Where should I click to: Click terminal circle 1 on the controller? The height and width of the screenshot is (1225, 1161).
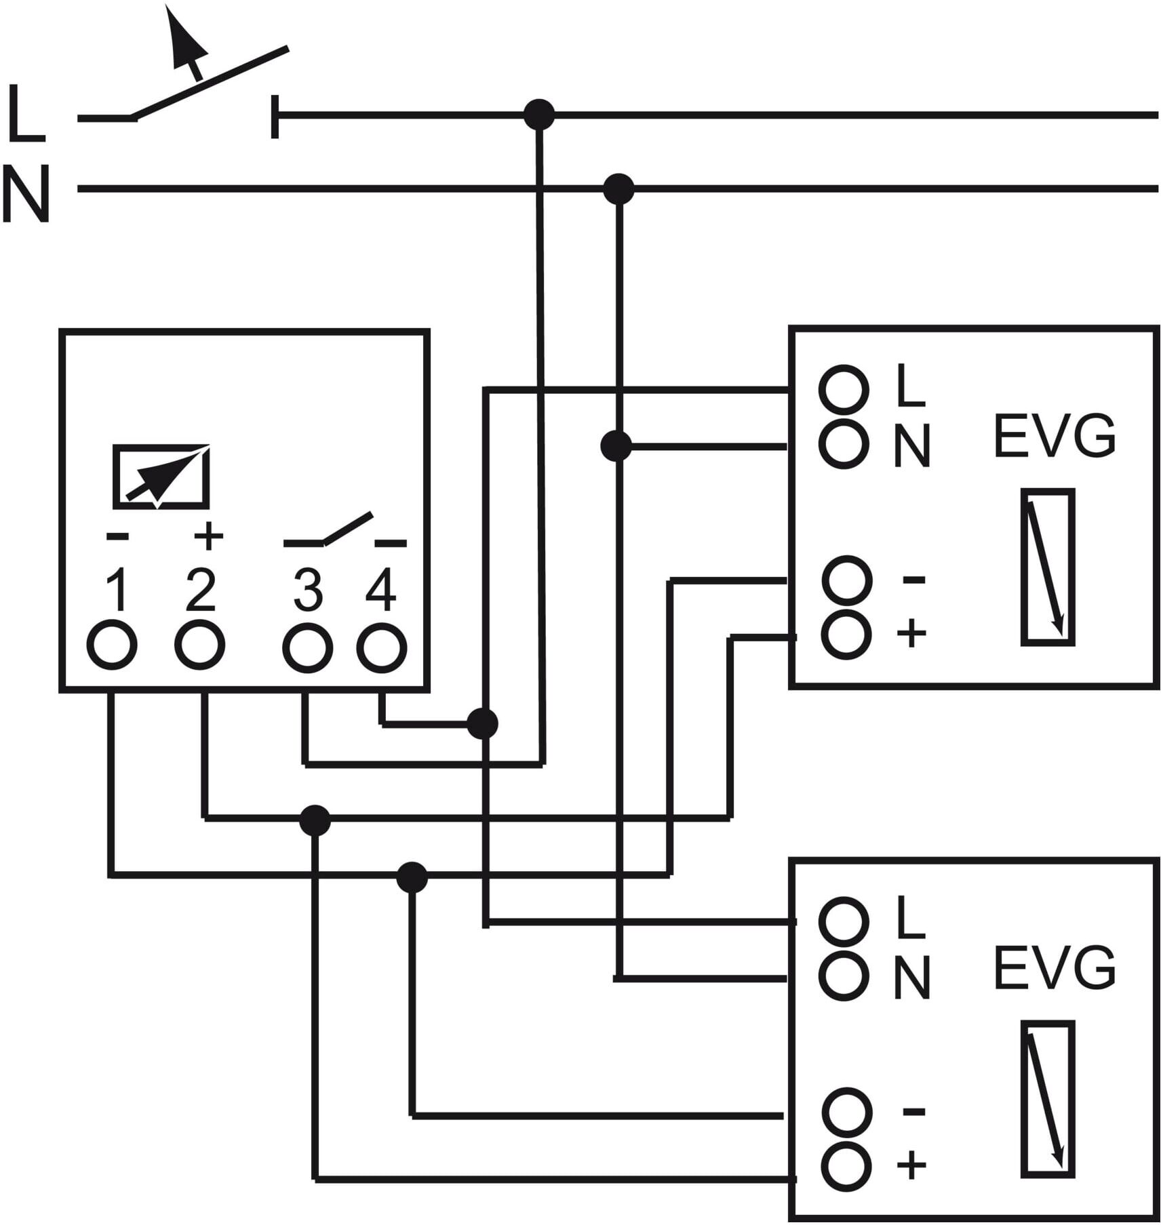coord(112,645)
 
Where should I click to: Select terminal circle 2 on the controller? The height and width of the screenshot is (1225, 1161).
coord(200,644)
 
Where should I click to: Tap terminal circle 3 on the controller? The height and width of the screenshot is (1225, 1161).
coord(307,648)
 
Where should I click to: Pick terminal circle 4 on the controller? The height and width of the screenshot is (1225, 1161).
coord(382,648)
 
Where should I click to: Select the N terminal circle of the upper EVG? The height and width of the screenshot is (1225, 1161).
coord(844,444)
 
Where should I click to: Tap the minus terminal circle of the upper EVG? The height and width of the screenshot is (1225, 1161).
coord(847,580)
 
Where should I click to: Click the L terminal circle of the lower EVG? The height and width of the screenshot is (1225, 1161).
coord(844,921)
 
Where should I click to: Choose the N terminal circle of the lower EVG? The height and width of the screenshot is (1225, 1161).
coord(844,976)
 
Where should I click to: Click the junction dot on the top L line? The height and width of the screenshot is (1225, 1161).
coord(539,115)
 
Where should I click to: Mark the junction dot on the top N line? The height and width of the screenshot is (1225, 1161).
coord(618,188)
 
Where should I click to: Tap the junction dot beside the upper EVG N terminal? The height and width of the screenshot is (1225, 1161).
coord(616,446)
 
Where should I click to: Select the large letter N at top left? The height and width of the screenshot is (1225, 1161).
coord(26,193)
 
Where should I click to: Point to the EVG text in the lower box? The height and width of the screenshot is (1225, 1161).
coord(1055,969)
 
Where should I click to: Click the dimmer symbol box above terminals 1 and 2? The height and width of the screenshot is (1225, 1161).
coord(161,477)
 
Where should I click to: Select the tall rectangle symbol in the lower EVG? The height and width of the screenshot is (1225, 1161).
coord(1048,1098)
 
